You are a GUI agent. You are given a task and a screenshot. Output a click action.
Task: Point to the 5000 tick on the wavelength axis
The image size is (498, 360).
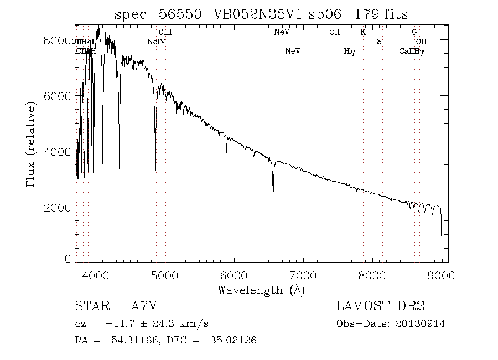click(x=165, y=276)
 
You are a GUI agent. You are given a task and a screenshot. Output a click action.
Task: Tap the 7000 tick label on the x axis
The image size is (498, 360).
click(x=303, y=276)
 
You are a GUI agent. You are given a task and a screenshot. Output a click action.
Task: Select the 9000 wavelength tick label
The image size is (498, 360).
click(x=441, y=276)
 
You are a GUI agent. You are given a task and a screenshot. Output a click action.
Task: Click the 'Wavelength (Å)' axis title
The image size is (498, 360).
click(x=261, y=290)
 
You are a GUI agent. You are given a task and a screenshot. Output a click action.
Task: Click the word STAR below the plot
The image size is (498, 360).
click(x=91, y=306)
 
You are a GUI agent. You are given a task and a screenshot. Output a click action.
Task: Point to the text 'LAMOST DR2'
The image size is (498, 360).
click(x=380, y=306)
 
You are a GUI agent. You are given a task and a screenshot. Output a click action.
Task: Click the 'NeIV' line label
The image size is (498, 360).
click(x=157, y=42)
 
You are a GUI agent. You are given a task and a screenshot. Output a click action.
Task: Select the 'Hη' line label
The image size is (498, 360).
click(x=349, y=52)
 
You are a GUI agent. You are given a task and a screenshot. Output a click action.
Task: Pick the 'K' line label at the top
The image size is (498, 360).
click(x=363, y=32)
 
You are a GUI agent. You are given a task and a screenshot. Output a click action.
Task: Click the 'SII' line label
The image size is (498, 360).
click(x=382, y=42)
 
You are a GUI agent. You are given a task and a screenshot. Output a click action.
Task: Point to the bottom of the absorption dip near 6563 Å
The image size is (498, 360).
click(x=273, y=196)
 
